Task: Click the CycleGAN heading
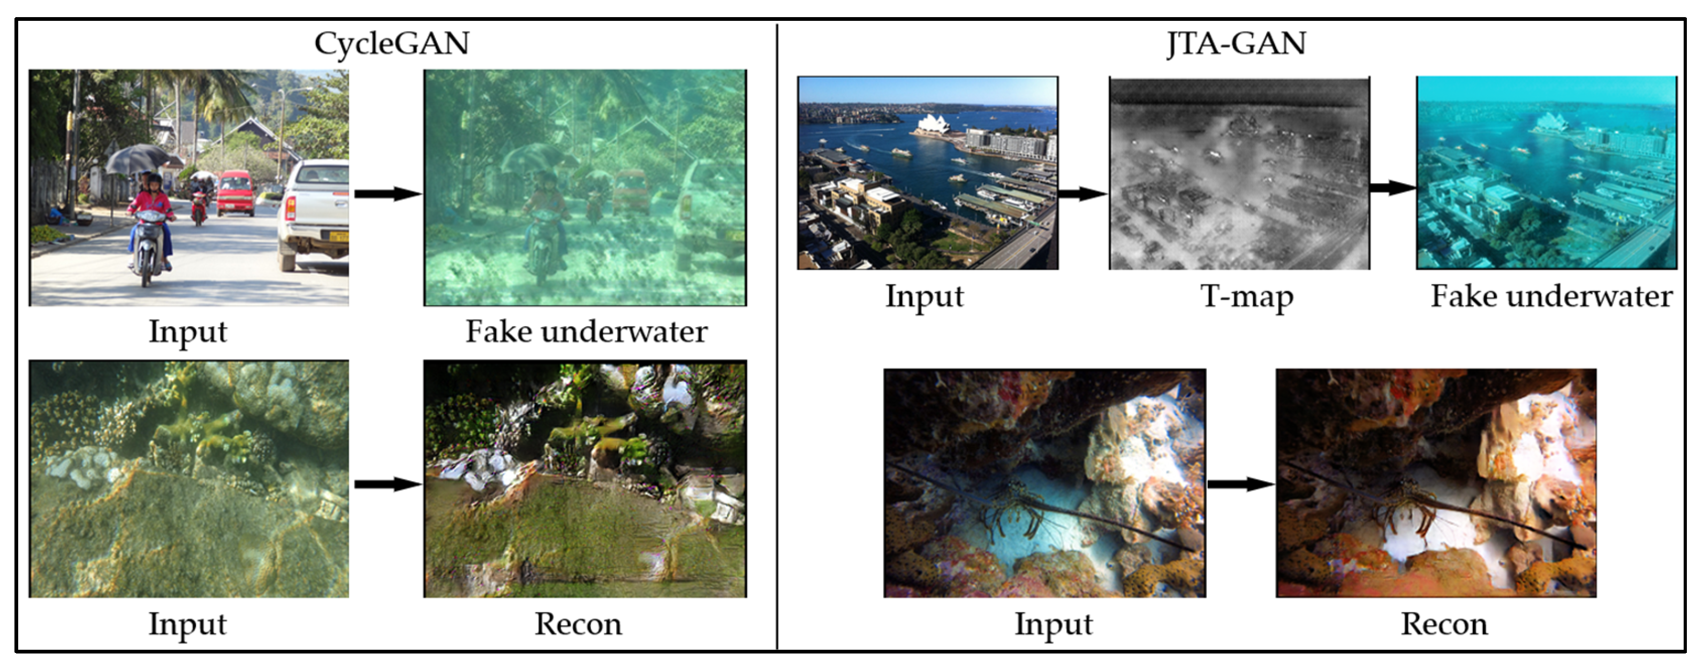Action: [x=391, y=44]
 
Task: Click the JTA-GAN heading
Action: [x=1236, y=44]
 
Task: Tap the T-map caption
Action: [x=1246, y=297]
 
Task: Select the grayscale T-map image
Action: [x=1239, y=173]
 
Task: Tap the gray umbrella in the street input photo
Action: [x=137, y=159]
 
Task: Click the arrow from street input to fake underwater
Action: [x=387, y=194]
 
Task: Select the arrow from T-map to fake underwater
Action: [x=1392, y=188]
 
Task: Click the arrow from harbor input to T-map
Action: [x=1082, y=194]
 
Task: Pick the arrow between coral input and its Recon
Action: [x=387, y=484]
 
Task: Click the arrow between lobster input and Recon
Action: [x=1240, y=484]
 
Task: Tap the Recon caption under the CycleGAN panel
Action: [x=578, y=624]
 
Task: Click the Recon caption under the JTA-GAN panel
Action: [x=1444, y=624]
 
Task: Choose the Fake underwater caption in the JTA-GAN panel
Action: [x=1551, y=297]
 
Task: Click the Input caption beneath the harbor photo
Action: [x=924, y=297]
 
